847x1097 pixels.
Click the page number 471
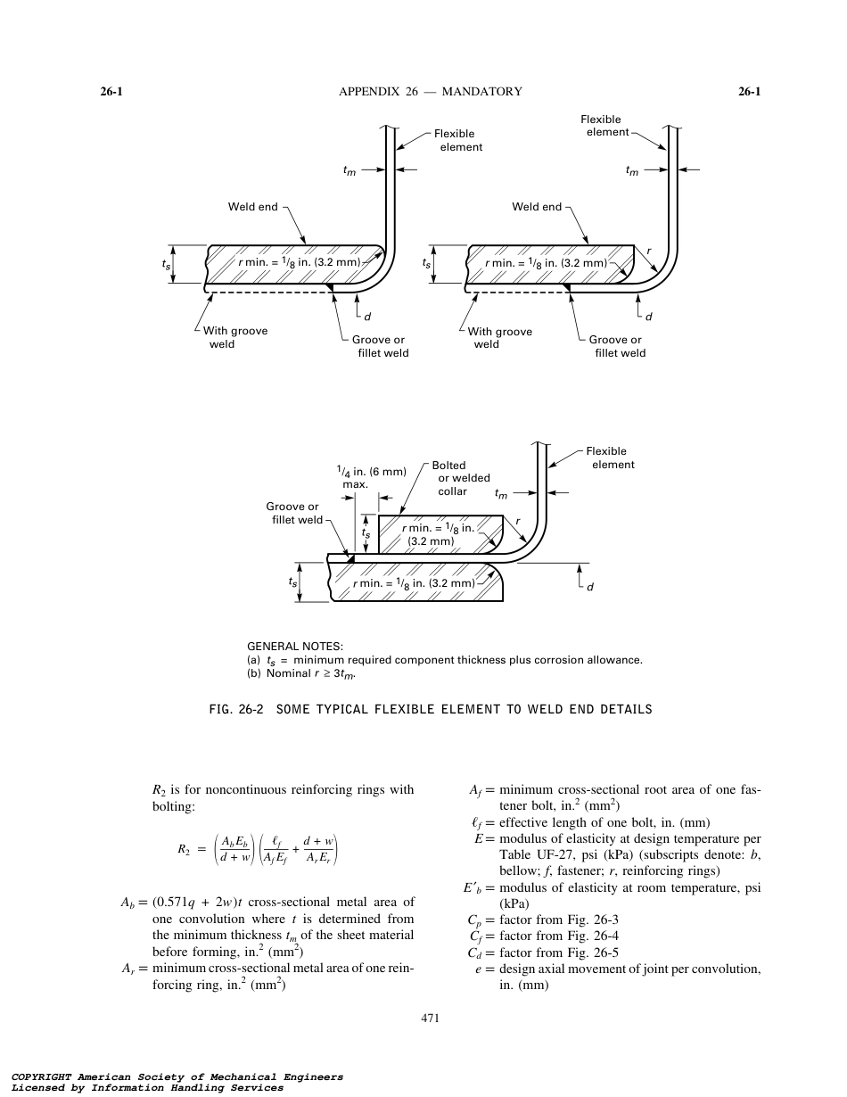click(431, 1018)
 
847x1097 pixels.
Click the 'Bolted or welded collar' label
click(461, 478)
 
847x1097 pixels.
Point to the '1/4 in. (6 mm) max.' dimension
click(370, 477)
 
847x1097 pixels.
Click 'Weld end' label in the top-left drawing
click(253, 207)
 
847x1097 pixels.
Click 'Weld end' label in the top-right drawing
click(537, 207)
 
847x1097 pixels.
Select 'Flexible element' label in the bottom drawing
click(612, 458)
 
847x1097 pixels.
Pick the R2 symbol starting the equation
click(185, 850)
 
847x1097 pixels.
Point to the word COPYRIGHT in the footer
click(41, 1076)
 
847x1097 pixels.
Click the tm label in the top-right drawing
click(632, 172)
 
